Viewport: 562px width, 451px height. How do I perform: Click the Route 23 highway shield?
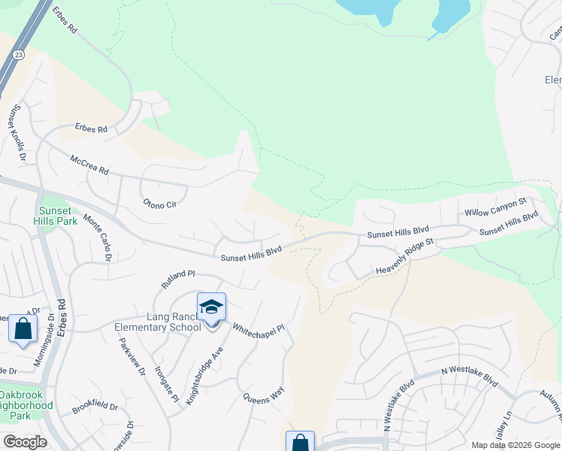point(17,55)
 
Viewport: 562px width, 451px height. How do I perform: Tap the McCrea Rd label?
point(89,165)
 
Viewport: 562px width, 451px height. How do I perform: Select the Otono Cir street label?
point(160,203)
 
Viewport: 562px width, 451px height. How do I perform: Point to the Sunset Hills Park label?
point(56,216)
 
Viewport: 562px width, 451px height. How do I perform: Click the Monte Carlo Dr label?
point(98,238)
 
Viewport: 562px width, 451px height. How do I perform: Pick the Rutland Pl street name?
point(178,280)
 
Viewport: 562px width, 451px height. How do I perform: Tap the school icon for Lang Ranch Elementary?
point(211,307)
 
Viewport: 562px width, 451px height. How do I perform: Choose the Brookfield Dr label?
point(95,408)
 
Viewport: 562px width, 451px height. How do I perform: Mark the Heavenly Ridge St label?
point(405,257)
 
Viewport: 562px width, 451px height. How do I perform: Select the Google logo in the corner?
point(25,442)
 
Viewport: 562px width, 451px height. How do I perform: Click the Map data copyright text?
point(515,445)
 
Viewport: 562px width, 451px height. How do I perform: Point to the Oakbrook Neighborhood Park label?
point(26,405)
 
